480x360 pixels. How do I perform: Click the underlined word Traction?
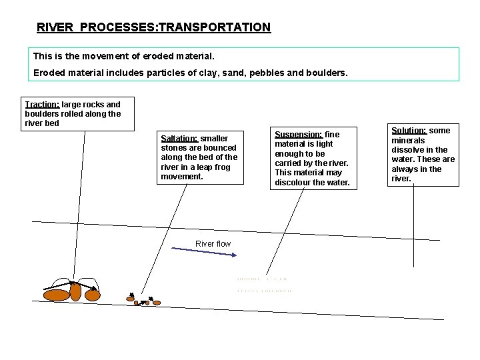41,105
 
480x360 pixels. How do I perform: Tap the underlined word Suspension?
299,134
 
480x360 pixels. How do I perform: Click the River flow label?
213,244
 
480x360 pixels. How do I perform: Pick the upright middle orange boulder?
76,291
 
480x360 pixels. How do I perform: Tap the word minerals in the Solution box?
408,141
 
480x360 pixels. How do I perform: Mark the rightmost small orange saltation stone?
157,302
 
